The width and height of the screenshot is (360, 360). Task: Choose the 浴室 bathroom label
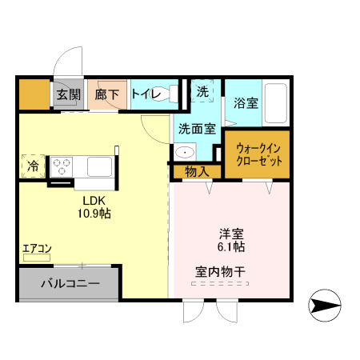coord(246,103)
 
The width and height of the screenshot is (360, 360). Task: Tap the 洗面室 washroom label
coord(196,127)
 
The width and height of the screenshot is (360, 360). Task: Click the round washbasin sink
coord(185,152)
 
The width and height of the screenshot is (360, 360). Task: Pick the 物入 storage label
coord(196,171)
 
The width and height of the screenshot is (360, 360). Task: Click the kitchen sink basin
coord(100,166)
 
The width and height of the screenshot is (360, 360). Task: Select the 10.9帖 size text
coord(94,214)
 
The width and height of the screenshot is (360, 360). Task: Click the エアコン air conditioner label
coord(37,248)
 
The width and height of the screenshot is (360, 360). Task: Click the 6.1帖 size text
coord(232,248)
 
